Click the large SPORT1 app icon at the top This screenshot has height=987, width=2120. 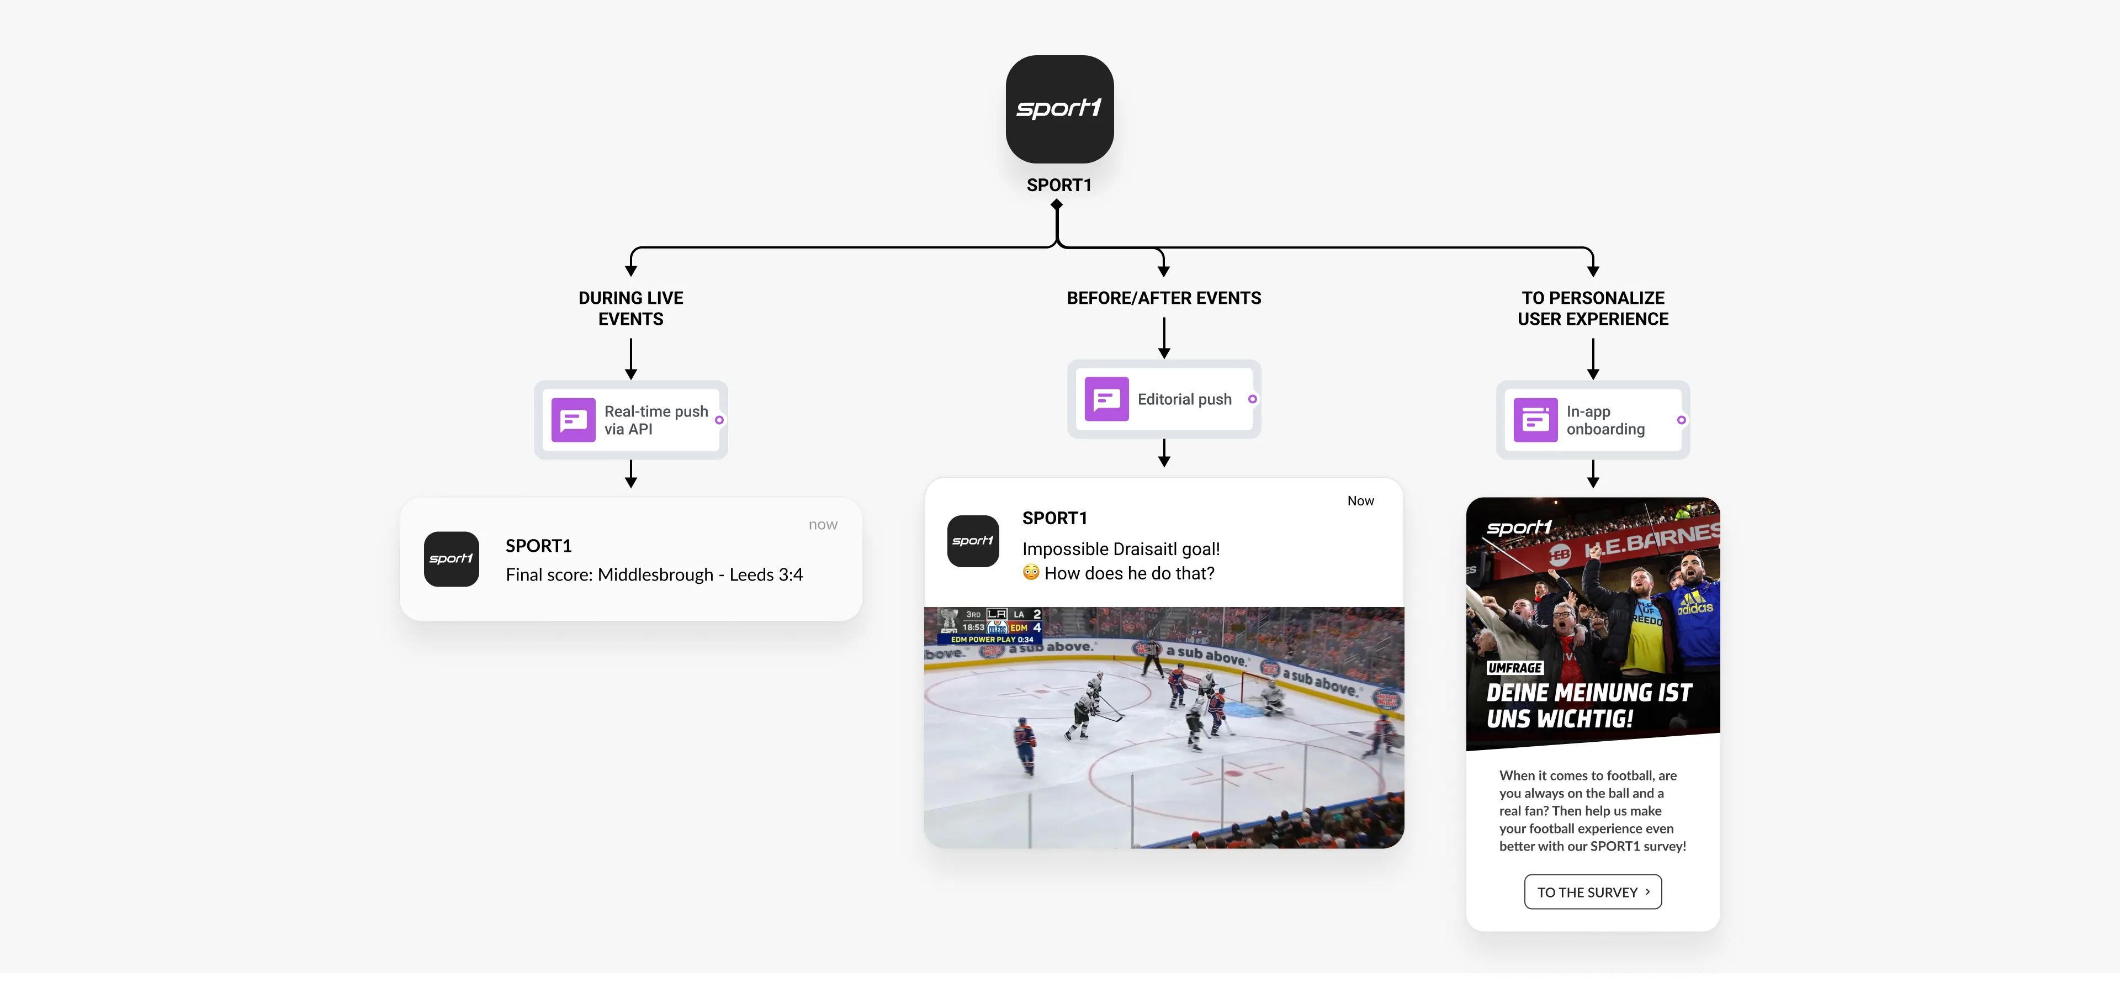click(x=1059, y=109)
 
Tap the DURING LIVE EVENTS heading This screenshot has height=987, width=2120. click(x=630, y=309)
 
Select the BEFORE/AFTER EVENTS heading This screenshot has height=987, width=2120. click(x=1164, y=298)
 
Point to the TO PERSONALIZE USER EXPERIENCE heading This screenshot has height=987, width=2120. click(x=1592, y=309)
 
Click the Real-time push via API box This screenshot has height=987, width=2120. click(x=631, y=420)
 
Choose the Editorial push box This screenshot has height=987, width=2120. click(x=1164, y=399)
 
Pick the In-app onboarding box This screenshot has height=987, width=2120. click(x=1592, y=420)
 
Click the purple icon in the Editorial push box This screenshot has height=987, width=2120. click(x=1106, y=399)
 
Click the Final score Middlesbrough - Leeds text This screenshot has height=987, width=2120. click(x=654, y=574)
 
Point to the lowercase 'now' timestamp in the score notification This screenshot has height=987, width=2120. click(x=822, y=524)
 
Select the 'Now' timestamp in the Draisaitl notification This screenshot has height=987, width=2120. click(x=1360, y=500)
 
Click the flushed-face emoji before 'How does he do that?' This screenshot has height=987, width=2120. click(x=1030, y=572)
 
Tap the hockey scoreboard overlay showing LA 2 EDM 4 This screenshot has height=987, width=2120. click(x=992, y=626)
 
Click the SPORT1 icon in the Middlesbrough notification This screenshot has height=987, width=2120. click(x=451, y=559)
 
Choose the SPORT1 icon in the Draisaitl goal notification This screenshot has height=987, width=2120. click(x=973, y=541)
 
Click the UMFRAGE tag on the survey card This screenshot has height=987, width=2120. click(x=1514, y=668)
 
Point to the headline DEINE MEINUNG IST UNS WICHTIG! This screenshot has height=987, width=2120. click(x=1588, y=705)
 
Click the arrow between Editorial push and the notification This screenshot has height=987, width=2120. click(x=1164, y=453)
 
